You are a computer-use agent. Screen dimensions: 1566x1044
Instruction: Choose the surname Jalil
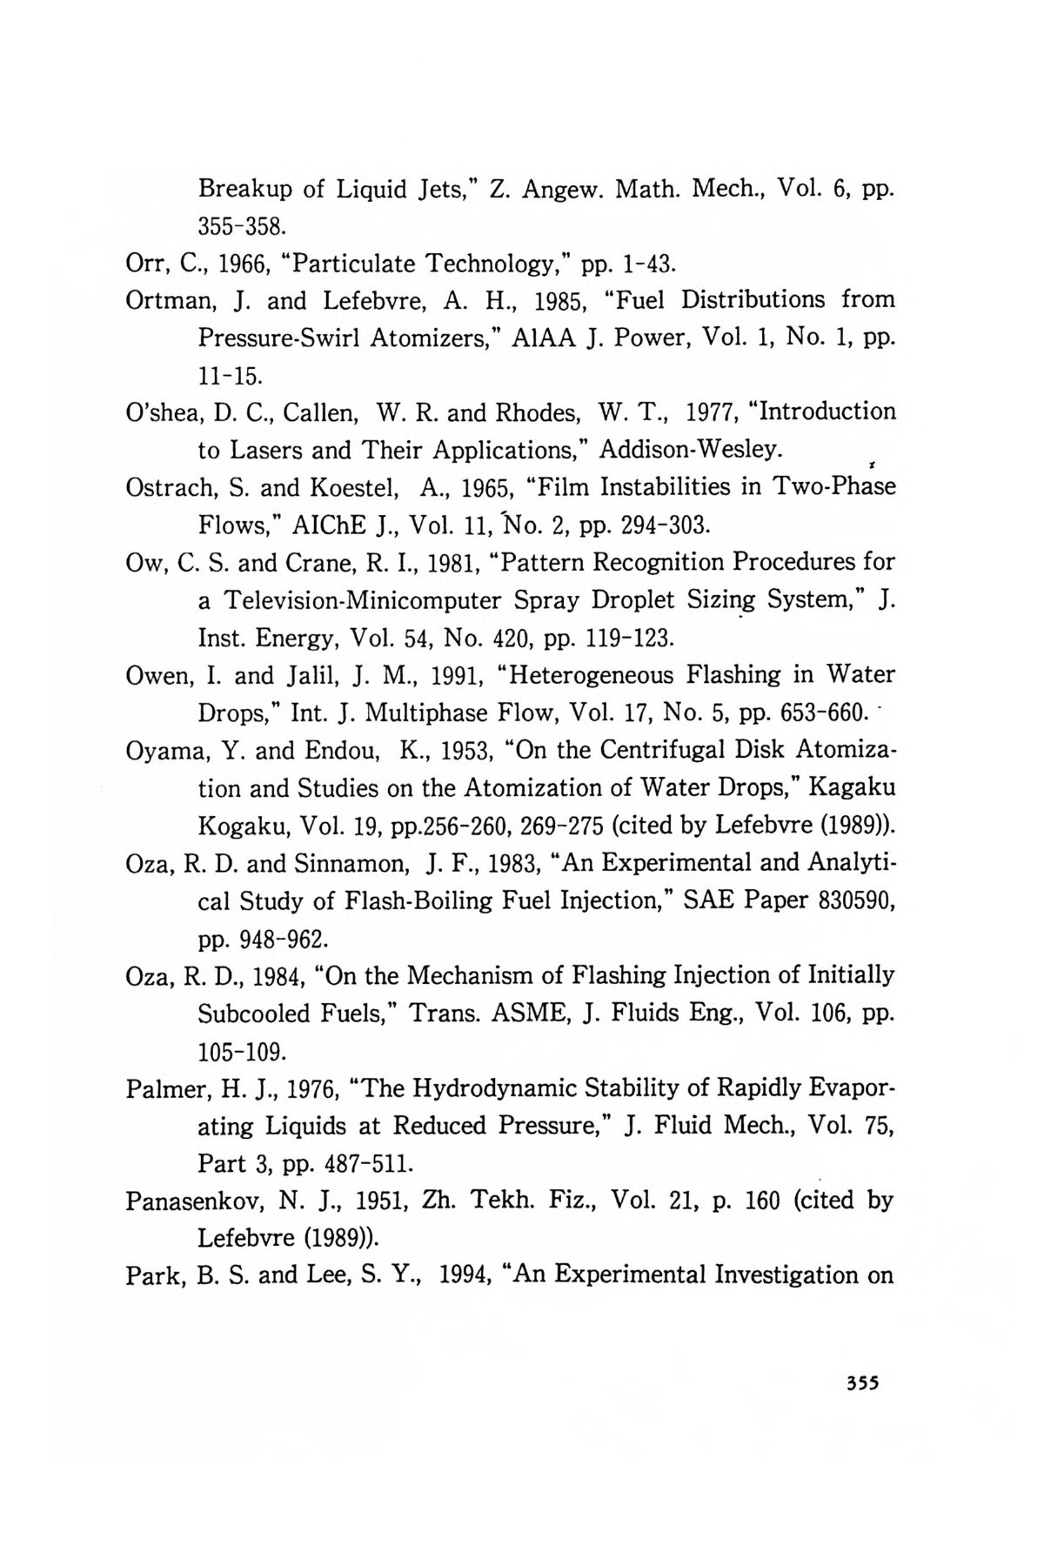pos(312,675)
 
